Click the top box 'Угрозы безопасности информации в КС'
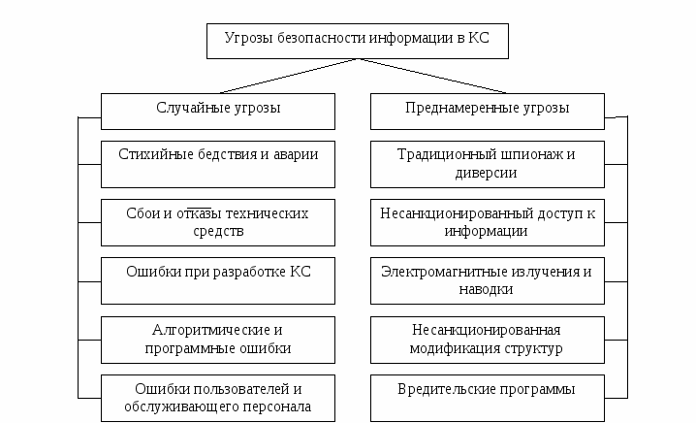tap(358, 41)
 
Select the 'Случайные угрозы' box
tap(218, 112)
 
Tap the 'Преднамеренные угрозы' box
tap(488, 112)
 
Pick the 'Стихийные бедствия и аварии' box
tap(218, 164)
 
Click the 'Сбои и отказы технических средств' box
tap(218, 222)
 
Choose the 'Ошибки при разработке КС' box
tap(218, 280)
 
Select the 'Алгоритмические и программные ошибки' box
tap(218, 340)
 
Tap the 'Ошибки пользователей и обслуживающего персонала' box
tap(218, 398)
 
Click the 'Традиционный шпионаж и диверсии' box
tap(488, 164)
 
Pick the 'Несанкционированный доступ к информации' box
tap(488, 222)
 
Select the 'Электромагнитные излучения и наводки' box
tap(488, 280)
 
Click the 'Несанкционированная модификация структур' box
tap(488, 340)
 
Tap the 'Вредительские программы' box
tap(488, 398)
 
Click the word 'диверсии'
tap(486, 173)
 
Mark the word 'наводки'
tap(486, 289)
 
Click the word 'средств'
tap(218, 232)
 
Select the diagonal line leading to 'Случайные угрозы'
tap(288, 76)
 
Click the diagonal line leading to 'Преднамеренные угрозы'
tap(432, 76)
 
